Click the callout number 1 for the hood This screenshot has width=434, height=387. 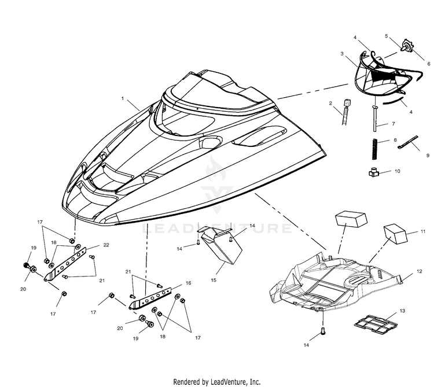123,98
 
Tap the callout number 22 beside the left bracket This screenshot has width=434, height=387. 106,245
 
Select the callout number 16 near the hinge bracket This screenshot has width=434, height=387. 188,283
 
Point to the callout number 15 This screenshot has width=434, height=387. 214,280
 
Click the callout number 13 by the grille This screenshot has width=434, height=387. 402,311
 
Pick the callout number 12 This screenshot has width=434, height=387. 420,271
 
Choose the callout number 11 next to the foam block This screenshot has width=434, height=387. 422,231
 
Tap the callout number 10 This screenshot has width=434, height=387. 397,171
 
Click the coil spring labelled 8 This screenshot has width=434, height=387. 375,149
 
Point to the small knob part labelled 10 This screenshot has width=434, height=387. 374,172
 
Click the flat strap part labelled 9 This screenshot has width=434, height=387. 409,142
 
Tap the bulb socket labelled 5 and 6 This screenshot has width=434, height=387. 406,46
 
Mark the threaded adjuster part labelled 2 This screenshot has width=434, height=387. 345,112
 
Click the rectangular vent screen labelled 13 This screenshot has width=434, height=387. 376,323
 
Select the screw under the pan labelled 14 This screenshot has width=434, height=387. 323,330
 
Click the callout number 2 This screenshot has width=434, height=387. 330,103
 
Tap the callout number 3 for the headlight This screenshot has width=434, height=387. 342,53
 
